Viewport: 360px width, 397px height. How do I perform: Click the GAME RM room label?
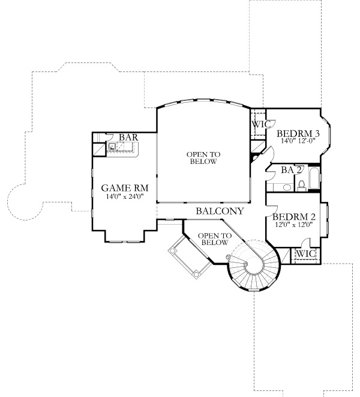click(125, 188)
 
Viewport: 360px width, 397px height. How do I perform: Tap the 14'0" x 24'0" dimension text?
click(125, 196)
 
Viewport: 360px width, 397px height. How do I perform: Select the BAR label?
click(128, 138)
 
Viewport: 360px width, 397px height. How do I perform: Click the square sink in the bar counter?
click(112, 147)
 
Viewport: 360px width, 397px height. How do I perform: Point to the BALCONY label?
click(220, 211)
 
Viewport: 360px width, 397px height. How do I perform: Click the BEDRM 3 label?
click(298, 133)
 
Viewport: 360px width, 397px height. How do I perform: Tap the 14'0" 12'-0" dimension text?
click(299, 141)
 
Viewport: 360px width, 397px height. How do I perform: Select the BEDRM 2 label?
click(294, 217)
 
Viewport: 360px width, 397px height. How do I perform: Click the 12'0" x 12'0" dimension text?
click(294, 224)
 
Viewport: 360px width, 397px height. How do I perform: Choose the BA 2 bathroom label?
click(291, 170)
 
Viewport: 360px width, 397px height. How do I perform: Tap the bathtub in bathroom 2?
click(314, 178)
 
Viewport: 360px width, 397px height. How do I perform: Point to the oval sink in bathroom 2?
click(287, 187)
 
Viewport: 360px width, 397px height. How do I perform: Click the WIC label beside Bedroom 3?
click(261, 124)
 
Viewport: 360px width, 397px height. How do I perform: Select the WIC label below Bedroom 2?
click(306, 253)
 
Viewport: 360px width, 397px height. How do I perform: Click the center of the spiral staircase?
click(245, 264)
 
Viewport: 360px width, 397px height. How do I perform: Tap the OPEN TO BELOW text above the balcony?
click(203, 158)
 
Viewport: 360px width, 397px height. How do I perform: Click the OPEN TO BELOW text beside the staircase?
click(215, 239)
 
